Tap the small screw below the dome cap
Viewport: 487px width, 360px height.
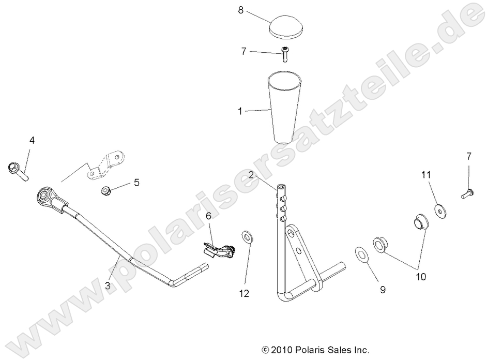click(x=285, y=53)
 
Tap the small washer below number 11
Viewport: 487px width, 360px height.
click(x=440, y=210)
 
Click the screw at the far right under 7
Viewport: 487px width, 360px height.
click(x=467, y=194)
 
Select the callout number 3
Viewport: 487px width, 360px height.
click(x=108, y=284)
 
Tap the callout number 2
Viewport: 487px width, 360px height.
click(x=250, y=174)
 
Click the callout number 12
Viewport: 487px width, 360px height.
click(x=244, y=293)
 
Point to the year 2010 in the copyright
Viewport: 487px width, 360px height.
click(x=282, y=350)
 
